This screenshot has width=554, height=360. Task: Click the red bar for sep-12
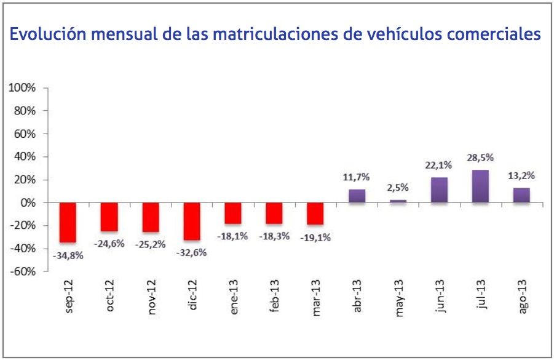pos(68,222)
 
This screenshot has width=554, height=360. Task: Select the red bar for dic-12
pos(192,222)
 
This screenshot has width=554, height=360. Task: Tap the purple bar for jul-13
pos(480,186)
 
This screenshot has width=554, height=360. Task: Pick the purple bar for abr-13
pos(357,196)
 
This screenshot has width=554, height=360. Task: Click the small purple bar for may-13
pos(398,201)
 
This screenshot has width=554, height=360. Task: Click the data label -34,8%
pos(68,255)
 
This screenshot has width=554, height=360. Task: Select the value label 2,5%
pos(398,188)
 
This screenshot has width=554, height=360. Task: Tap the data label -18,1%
pos(232,236)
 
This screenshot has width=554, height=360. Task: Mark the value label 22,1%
pos(439,165)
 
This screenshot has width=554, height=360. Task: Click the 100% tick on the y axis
pos(22,88)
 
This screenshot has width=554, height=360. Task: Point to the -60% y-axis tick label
pos(23,271)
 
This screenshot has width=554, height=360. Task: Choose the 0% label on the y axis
pos(28,203)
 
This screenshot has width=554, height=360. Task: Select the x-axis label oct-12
pos(110,297)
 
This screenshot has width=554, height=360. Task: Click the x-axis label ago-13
pos(522,298)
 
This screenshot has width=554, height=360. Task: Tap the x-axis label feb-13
pos(275,297)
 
